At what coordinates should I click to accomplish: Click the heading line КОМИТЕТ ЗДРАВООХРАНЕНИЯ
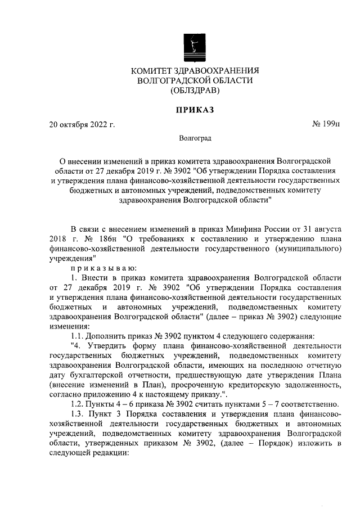[195, 71]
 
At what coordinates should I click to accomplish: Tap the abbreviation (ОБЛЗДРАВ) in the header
[195, 90]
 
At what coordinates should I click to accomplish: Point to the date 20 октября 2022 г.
[83, 124]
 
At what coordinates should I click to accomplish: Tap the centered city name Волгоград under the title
[195, 137]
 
